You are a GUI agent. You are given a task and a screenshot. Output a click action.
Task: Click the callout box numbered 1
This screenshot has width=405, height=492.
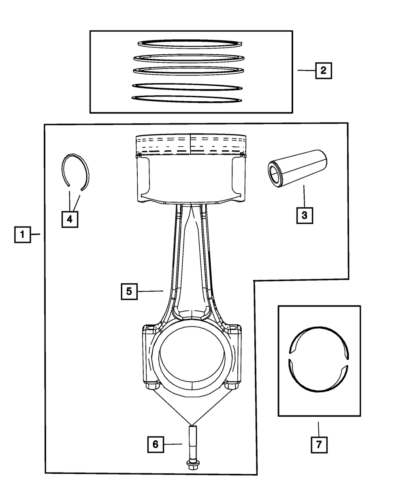(x=23, y=235)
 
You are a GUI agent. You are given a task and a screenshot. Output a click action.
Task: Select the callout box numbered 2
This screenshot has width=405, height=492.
(x=323, y=71)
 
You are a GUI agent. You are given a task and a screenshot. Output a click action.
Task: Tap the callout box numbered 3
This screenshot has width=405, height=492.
(x=304, y=215)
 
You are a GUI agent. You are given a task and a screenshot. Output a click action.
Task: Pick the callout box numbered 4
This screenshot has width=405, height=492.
(x=70, y=219)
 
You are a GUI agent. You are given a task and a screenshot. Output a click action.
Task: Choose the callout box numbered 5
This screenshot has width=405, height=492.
(x=129, y=291)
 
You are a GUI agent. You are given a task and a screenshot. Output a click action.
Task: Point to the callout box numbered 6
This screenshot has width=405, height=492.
(x=155, y=444)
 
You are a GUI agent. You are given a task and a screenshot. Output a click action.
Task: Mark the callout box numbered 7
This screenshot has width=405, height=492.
(x=319, y=445)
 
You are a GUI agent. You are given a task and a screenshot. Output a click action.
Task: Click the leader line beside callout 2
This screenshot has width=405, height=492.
(x=306, y=71)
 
